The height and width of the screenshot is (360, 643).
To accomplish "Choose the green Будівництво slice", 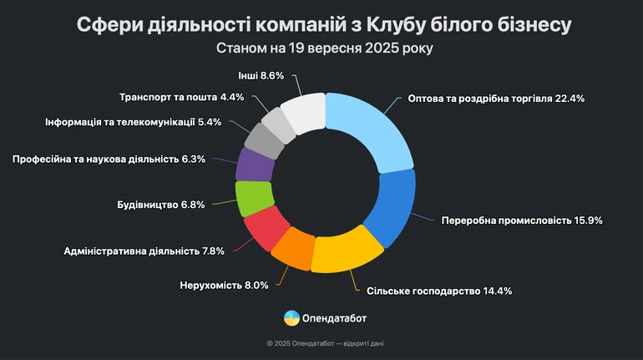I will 253,200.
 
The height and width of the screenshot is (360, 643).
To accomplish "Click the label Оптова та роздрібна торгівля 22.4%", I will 496,98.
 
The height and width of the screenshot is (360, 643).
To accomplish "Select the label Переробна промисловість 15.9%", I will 521,221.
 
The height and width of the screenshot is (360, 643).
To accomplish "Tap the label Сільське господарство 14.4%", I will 438,292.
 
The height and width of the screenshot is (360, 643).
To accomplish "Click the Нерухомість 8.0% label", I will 224,285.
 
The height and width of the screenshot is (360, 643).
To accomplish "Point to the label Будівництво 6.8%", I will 161,204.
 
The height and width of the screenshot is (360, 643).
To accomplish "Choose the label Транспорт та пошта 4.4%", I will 181,96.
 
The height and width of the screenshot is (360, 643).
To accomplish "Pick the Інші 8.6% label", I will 261,75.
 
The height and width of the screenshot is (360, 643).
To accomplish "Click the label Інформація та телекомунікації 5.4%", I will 133,123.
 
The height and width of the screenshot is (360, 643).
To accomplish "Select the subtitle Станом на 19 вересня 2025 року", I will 321,48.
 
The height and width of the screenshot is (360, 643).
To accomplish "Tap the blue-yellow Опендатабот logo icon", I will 291,317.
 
